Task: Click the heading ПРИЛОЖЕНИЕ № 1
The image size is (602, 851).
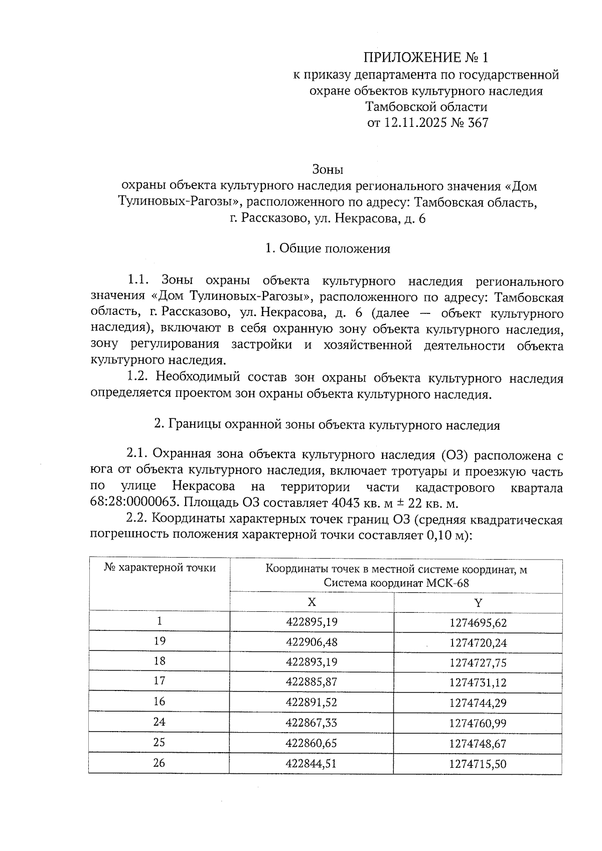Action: (x=425, y=58)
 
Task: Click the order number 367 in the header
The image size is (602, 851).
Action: (x=477, y=123)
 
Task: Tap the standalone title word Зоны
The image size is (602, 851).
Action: (x=328, y=169)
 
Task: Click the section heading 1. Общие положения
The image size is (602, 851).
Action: (x=328, y=249)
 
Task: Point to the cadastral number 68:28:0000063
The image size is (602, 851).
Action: (x=134, y=503)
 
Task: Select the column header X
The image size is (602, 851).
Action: (x=312, y=602)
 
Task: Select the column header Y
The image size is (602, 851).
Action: (x=478, y=602)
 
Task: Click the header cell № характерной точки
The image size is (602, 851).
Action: (x=160, y=568)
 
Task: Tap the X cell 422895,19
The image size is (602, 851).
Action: (x=312, y=622)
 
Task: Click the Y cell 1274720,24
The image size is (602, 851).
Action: (x=478, y=643)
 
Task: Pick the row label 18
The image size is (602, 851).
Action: (x=160, y=661)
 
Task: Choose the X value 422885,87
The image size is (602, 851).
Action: (x=312, y=682)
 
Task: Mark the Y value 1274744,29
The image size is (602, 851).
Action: (x=478, y=703)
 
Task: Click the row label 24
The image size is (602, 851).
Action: (x=160, y=722)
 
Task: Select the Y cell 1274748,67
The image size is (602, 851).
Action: (x=478, y=743)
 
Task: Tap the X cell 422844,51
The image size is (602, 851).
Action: (x=312, y=764)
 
